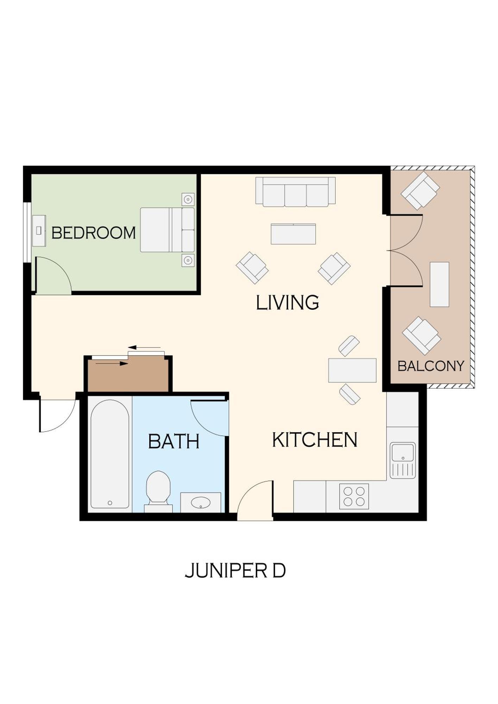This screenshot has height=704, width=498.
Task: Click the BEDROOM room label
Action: [94, 233]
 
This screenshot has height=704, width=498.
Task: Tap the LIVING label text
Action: [287, 303]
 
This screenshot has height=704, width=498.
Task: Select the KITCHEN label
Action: [315, 440]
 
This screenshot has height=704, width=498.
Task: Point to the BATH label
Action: [174, 441]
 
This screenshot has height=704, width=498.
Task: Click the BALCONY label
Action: [431, 366]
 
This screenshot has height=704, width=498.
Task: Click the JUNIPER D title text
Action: [235, 571]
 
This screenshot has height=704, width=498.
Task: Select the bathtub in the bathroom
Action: [110, 454]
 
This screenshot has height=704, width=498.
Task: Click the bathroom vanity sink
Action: [201, 502]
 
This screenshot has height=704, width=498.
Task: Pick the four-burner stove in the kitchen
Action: [354, 496]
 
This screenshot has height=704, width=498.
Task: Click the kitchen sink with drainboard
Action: [403, 460]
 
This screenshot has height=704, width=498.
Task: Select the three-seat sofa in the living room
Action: [295, 192]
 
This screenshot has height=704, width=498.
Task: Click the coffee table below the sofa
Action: [293, 234]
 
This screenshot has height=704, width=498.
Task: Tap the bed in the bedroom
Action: [167, 230]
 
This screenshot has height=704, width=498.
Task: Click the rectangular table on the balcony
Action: [439, 284]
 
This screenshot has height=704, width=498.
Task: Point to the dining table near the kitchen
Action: [352, 370]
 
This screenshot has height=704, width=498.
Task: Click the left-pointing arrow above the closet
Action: [144, 348]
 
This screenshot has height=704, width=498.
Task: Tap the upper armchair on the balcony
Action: [420, 190]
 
